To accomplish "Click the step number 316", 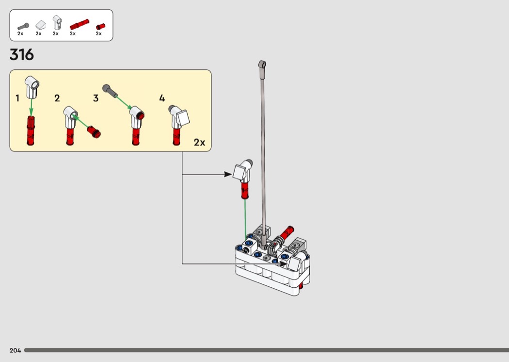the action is click(x=22, y=55).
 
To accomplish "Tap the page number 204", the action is click(x=15, y=350).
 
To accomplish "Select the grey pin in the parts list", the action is click(x=23, y=26).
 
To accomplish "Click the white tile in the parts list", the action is click(x=41, y=25).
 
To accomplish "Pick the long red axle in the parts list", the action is click(x=79, y=24).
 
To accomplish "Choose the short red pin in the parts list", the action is click(x=100, y=27).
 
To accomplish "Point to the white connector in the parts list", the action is click(x=57, y=22).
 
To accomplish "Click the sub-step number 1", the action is click(x=17, y=98).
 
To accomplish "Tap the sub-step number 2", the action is click(x=57, y=98).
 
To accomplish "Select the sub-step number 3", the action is click(x=96, y=98).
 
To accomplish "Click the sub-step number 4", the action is click(x=162, y=98).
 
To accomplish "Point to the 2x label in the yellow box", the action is click(x=199, y=142).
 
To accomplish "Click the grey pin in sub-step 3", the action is click(x=110, y=91).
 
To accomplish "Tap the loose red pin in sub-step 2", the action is click(x=94, y=132).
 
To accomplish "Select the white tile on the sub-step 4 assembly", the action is click(x=182, y=117).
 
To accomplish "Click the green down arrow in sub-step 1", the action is click(x=31, y=107).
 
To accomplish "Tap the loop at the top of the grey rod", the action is click(x=262, y=64).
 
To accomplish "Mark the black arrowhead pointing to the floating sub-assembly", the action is click(x=228, y=175).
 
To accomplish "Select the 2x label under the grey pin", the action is click(x=20, y=33).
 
